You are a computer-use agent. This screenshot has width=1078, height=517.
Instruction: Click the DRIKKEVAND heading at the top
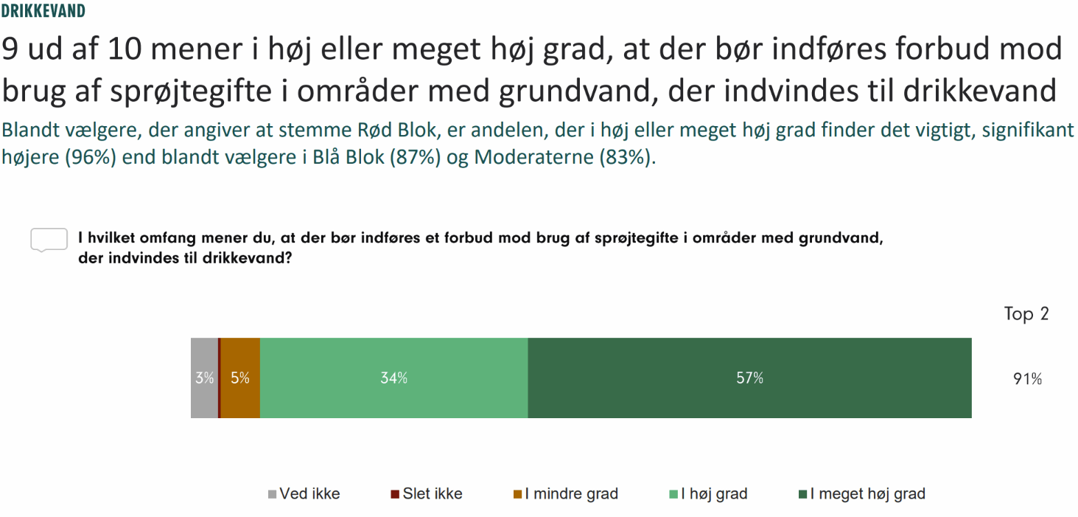pyautogui.click(x=43, y=11)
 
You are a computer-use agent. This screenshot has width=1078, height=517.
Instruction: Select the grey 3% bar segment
pyautogui.click(x=204, y=378)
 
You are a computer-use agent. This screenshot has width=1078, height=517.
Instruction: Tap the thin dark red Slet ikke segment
pyautogui.click(x=220, y=378)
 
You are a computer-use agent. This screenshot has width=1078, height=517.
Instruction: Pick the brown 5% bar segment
pyautogui.click(x=240, y=378)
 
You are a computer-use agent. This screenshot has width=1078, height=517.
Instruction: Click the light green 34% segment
pyautogui.click(x=393, y=378)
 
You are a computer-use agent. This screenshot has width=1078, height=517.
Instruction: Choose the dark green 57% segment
pyautogui.click(x=749, y=378)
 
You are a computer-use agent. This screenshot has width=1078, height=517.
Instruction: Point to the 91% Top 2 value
pyautogui.click(x=1027, y=379)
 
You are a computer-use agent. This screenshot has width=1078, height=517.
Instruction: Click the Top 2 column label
pyautogui.click(x=1026, y=313)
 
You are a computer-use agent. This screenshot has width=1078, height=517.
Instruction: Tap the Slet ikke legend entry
pyautogui.click(x=427, y=494)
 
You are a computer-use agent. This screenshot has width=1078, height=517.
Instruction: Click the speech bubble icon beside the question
pyautogui.click(x=49, y=240)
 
